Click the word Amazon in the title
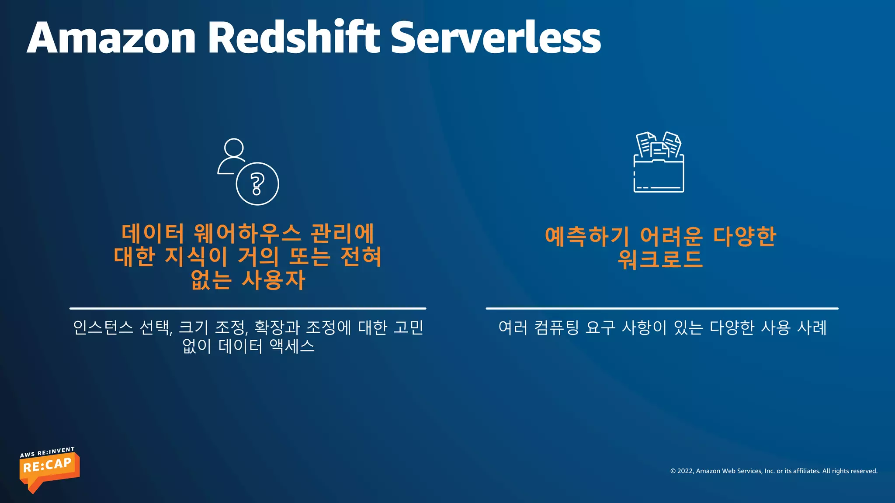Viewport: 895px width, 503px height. (x=111, y=38)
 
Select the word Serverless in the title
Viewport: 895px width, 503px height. (x=495, y=38)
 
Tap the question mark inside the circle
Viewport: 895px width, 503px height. (x=257, y=184)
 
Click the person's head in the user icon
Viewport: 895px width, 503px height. (x=234, y=148)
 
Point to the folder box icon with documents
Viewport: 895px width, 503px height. (x=659, y=162)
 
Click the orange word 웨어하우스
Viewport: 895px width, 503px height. (x=247, y=233)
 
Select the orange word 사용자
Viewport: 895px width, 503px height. (x=273, y=280)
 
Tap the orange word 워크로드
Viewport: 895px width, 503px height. (x=660, y=259)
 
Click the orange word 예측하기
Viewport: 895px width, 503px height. (x=587, y=236)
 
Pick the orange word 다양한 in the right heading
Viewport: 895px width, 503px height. (x=744, y=236)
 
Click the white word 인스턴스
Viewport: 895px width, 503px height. (x=103, y=327)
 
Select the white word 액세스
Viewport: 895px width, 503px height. (x=292, y=346)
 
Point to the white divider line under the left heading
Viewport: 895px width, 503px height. (x=247, y=308)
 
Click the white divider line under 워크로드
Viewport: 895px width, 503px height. (x=662, y=308)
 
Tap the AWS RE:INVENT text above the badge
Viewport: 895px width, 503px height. (x=47, y=452)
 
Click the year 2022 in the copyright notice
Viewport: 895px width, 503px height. (x=685, y=471)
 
